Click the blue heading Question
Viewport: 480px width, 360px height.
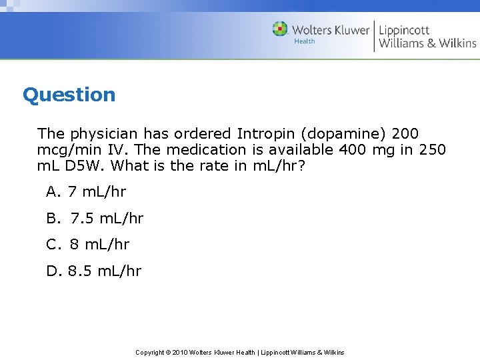pyautogui.click(x=69, y=95)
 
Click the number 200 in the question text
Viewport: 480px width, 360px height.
pyautogui.click(x=405, y=133)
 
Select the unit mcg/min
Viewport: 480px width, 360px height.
pyautogui.click(x=67, y=150)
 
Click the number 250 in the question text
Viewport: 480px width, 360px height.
pyautogui.click(x=432, y=149)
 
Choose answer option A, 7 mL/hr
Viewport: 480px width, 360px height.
pyautogui.click(x=86, y=192)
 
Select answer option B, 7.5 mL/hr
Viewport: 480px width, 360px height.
pyautogui.click(x=95, y=218)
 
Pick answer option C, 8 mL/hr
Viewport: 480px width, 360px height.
pyautogui.click(x=88, y=244)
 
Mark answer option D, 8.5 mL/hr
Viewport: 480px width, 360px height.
pyautogui.click(x=94, y=271)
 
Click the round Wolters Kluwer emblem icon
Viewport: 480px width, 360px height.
pyautogui.click(x=280, y=29)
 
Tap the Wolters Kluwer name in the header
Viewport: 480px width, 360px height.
pyautogui.click(x=330, y=29)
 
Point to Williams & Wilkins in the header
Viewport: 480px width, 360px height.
pyautogui.click(x=427, y=43)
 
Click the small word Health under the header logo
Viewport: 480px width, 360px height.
pyautogui.click(x=305, y=41)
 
